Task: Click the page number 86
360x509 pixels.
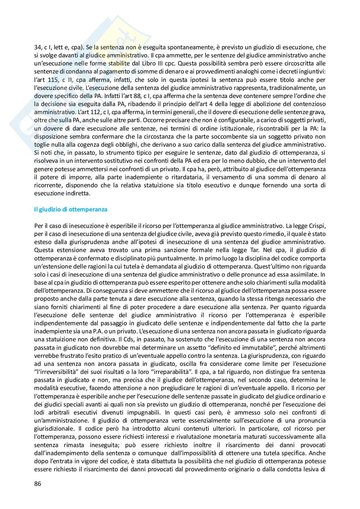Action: point(38,493)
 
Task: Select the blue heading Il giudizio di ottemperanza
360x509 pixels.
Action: point(71,210)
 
